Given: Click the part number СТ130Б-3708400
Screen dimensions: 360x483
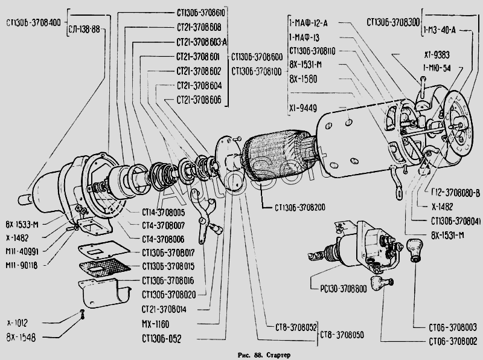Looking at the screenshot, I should pyautogui.click(x=33, y=23).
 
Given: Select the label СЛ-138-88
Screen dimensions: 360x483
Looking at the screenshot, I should pyautogui.click(x=85, y=29).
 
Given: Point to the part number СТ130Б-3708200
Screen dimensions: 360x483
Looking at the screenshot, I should pyautogui.click(x=300, y=208).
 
